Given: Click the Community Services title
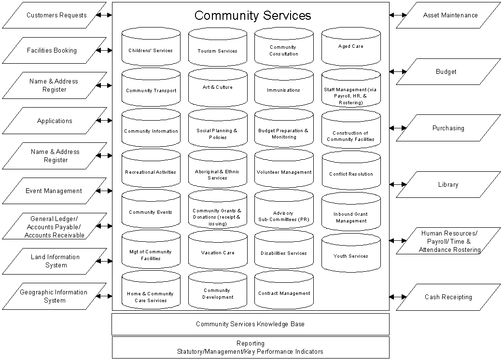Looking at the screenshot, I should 252,15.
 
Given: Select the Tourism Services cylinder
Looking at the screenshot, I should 217,48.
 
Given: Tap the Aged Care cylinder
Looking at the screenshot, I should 351,47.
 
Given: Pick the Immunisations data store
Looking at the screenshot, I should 284,89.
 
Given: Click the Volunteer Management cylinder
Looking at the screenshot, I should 284,171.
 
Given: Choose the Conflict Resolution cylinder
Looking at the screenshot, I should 351,173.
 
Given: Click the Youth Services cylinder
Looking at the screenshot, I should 351,254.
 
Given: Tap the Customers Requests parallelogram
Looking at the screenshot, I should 55,15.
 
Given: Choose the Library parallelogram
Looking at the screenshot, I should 448,184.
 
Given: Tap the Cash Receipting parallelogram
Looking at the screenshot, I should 448,297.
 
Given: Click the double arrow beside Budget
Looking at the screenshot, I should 398,72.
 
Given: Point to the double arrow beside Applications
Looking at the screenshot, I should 104,121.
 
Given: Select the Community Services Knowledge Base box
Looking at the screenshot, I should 250,324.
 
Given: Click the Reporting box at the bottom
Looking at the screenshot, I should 250,347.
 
